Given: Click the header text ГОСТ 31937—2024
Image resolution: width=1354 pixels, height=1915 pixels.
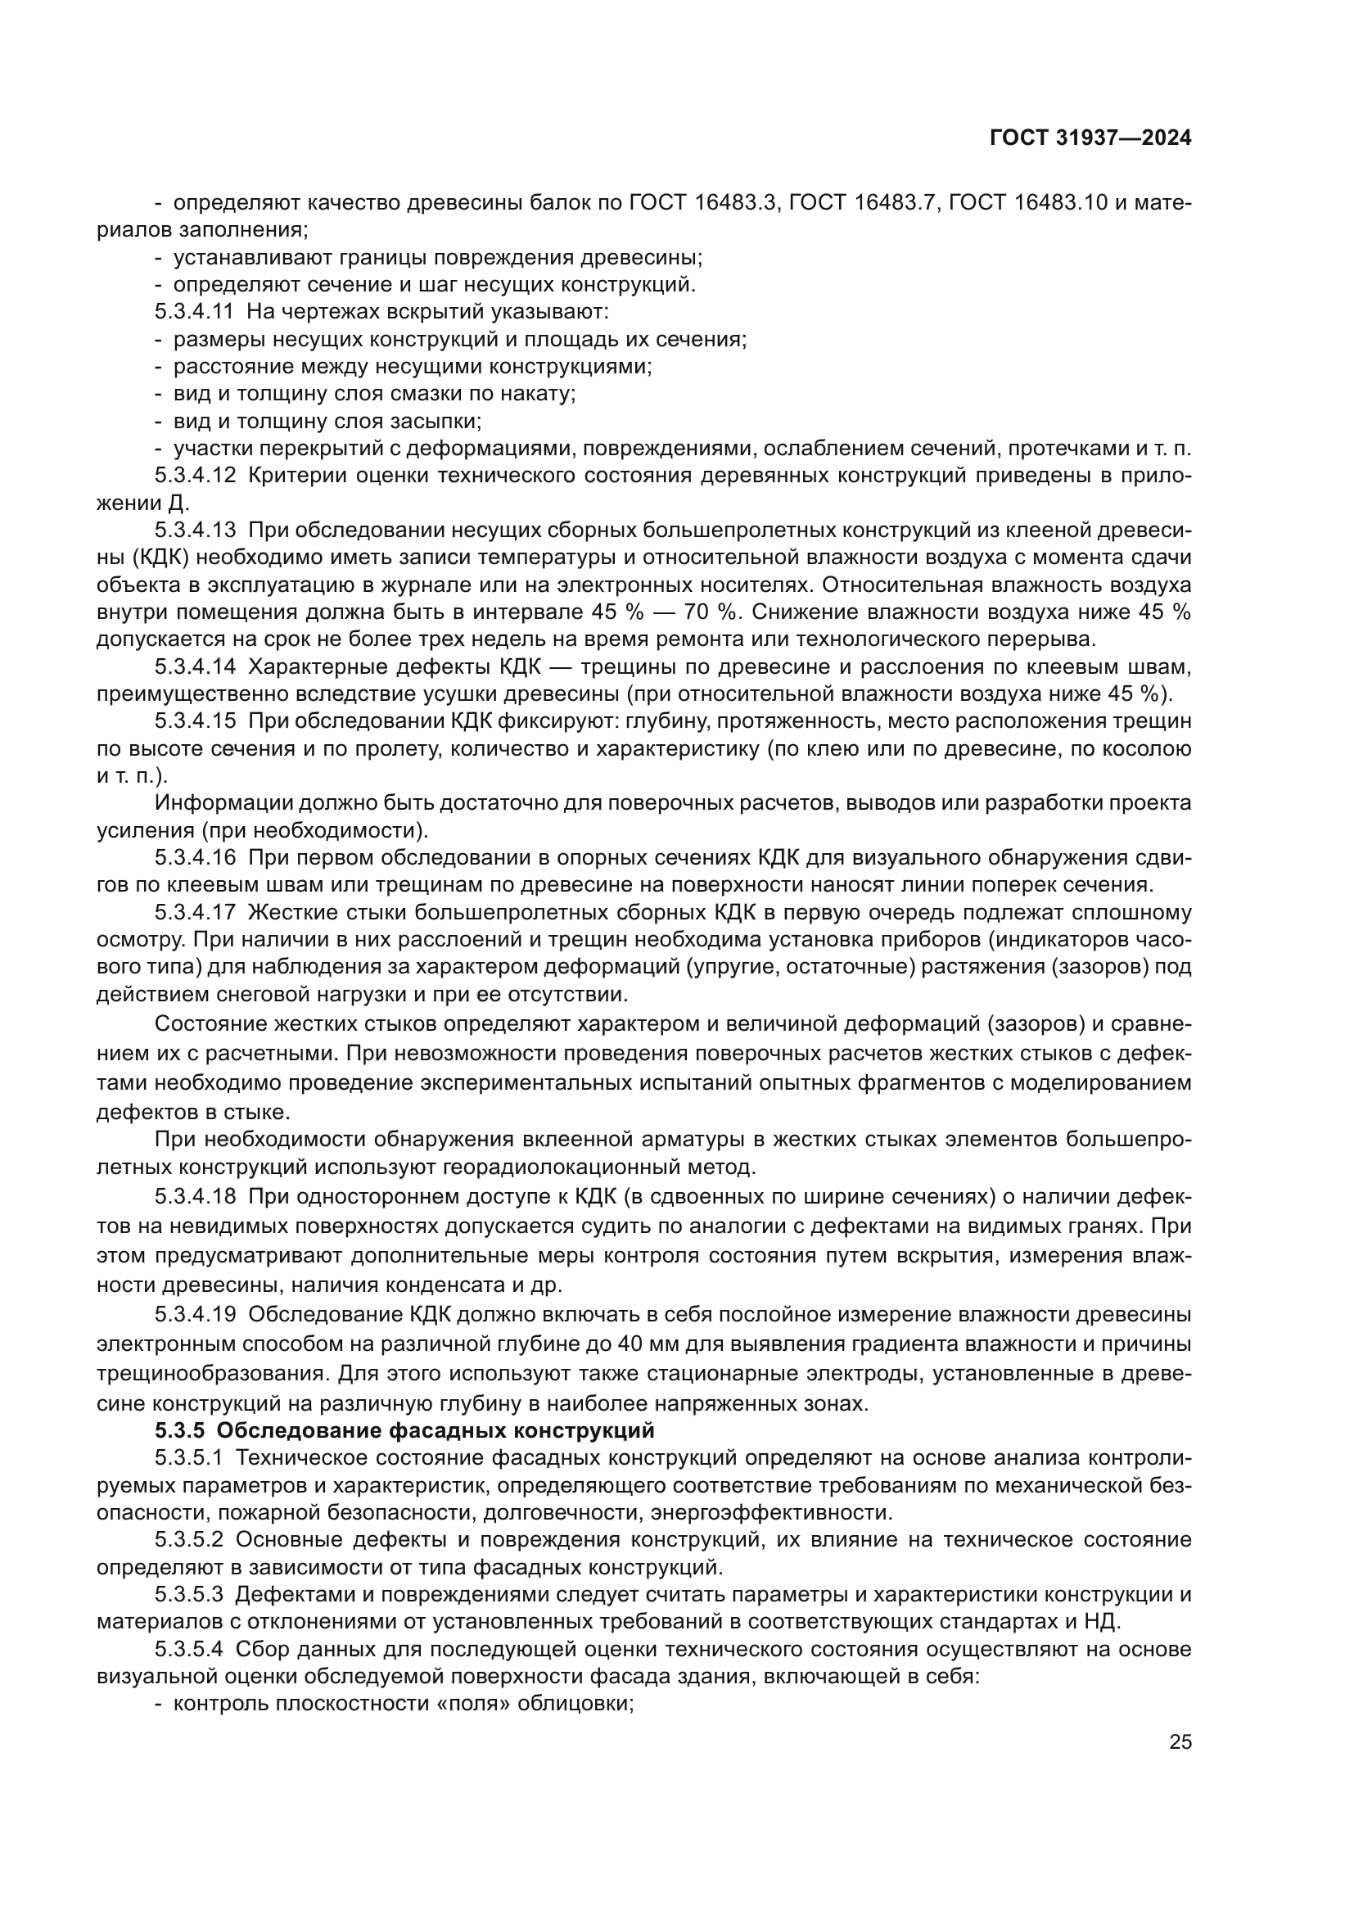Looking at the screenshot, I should point(1090,138).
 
